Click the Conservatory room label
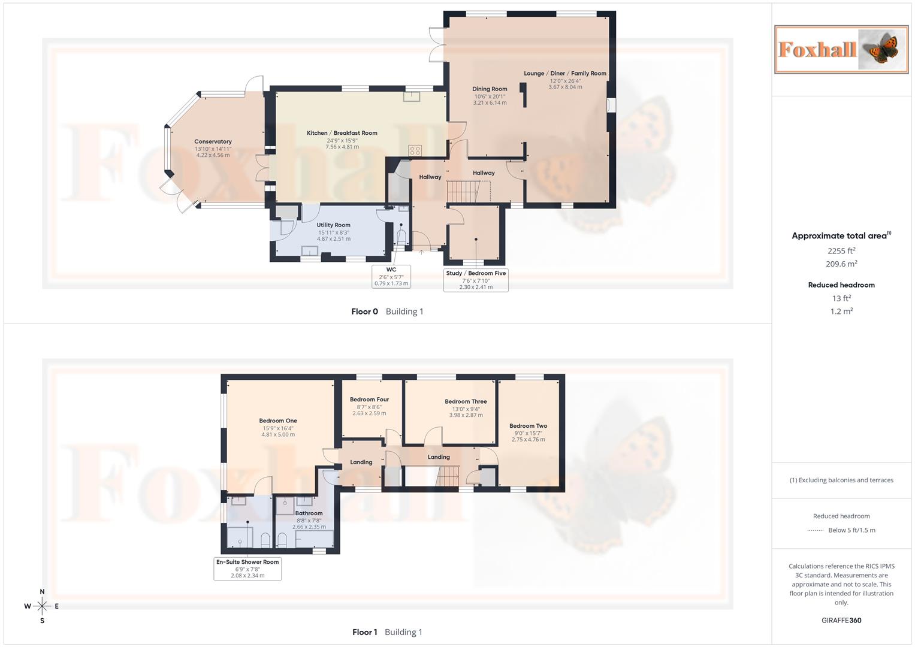213,142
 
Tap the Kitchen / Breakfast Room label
342,133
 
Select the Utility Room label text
333,225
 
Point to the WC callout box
391,276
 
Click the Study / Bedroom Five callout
476,280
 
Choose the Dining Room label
490,89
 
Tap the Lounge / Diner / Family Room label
564,74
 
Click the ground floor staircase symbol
463,192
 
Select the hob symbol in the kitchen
415,150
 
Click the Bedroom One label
278,421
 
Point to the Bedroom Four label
369,400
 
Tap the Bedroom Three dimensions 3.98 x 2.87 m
466,415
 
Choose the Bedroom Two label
528,426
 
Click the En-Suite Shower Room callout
247,569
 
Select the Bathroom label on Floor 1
309,513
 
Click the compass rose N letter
42,592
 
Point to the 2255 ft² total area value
841,251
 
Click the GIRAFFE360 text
841,621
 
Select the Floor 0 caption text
364,312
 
